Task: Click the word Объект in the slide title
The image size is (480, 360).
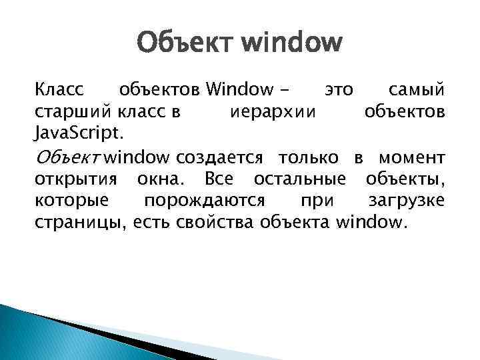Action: [185, 45]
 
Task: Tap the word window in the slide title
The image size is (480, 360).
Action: [291, 45]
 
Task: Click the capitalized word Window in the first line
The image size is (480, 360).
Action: [239, 89]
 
